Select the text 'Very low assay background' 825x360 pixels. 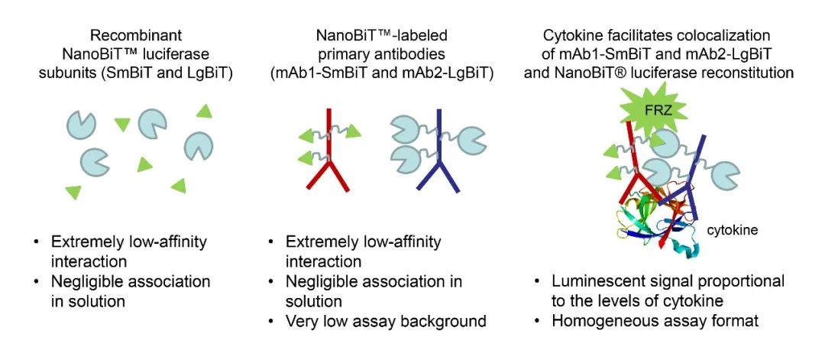[386, 321]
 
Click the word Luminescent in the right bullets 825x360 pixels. [593, 282]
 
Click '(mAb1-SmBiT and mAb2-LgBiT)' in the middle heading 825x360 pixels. [382, 73]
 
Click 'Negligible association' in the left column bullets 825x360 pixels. [130, 282]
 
